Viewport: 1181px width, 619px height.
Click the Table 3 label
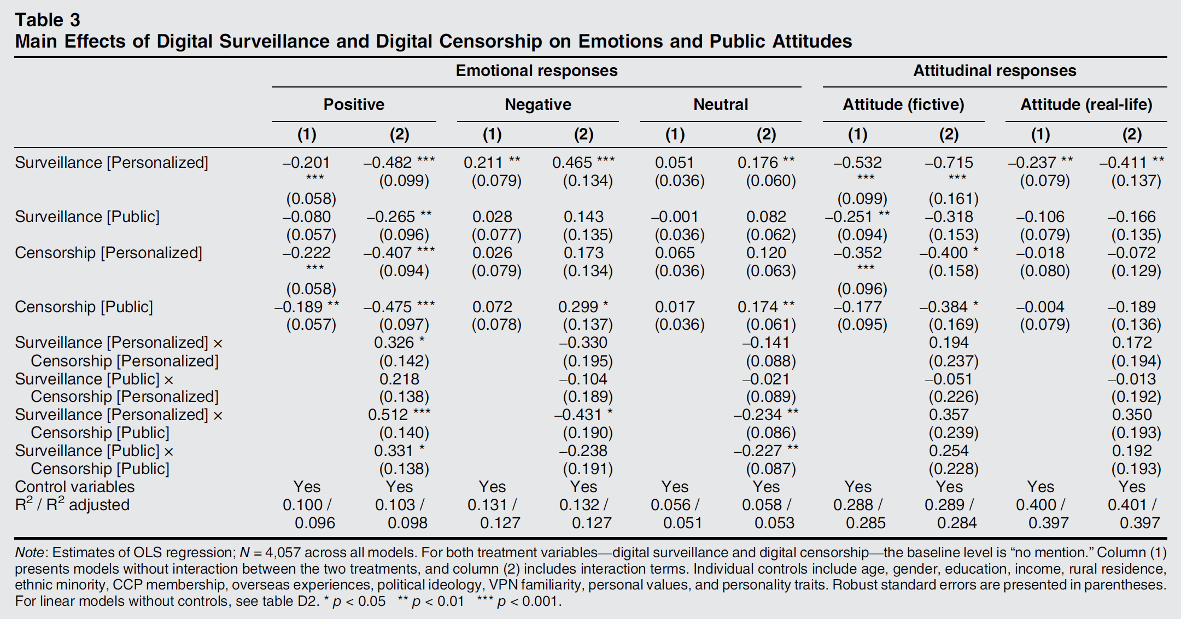[48, 20]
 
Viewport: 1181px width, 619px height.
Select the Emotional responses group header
[536, 71]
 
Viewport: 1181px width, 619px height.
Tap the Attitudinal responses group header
[994, 71]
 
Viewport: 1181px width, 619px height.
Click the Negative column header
[537, 104]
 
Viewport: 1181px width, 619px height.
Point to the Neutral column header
[720, 104]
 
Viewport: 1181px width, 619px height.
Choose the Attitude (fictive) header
[903, 104]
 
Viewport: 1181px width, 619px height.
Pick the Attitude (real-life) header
[1086, 104]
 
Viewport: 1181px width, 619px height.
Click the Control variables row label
[74, 487]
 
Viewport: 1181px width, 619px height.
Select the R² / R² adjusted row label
[72, 505]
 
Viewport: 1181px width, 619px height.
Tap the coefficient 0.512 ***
[399, 414]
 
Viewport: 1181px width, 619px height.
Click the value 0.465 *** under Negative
[583, 162]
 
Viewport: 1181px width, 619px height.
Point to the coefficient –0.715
[949, 162]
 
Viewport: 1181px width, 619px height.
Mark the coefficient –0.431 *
[583, 414]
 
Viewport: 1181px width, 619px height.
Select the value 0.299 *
[583, 307]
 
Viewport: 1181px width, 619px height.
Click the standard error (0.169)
[953, 325]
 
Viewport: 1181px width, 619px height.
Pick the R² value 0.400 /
[1040, 505]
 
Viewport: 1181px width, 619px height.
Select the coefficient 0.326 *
[399, 343]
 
